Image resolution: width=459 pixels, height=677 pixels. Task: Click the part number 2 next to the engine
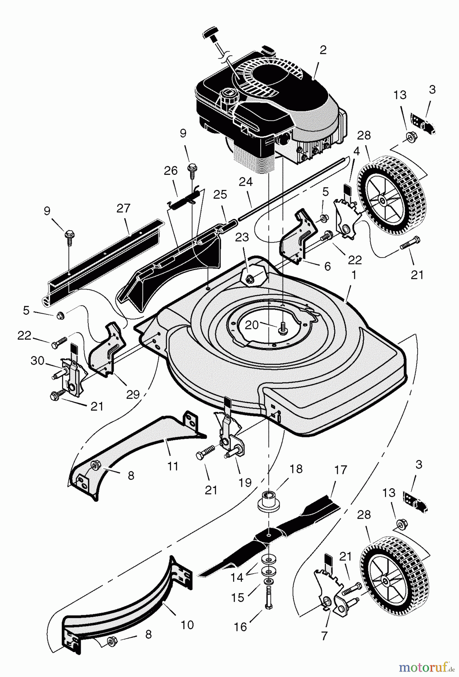pos(323,50)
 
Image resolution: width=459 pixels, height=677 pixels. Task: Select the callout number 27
pos(123,208)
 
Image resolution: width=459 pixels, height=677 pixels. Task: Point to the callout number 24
pos(246,182)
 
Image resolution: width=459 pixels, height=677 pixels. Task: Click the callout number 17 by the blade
pos(341,470)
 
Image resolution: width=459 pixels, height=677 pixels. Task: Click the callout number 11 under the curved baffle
pos(173,466)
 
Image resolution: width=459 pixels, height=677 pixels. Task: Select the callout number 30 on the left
pos(37,361)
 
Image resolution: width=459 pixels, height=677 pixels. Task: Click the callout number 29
pos(133,394)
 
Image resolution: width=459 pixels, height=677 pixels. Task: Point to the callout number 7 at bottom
pos(324,636)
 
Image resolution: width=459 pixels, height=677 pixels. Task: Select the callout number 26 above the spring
pos(171,171)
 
